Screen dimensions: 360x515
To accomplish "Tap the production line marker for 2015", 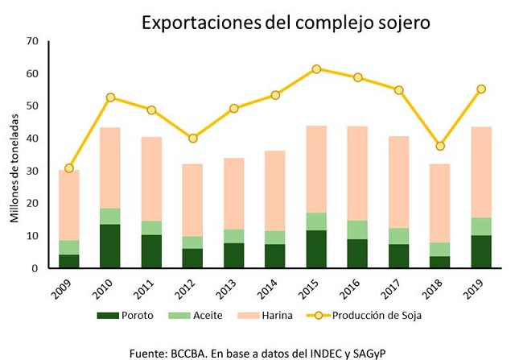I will pyautogui.click(x=316, y=69).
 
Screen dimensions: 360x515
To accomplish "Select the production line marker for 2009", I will pyautogui.click(x=69, y=168).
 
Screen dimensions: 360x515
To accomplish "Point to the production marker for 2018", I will pyautogui.click(x=440, y=146).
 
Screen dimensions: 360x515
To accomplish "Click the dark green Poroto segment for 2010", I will pyautogui.click(x=110, y=246).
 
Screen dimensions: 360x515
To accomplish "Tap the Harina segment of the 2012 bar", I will pyautogui.click(x=192, y=200).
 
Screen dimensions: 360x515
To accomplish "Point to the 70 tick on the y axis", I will pyautogui.click(x=32, y=40).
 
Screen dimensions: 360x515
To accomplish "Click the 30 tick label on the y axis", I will pyautogui.click(x=32, y=171).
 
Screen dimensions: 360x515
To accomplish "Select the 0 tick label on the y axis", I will pyautogui.click(x=35, y=268).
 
